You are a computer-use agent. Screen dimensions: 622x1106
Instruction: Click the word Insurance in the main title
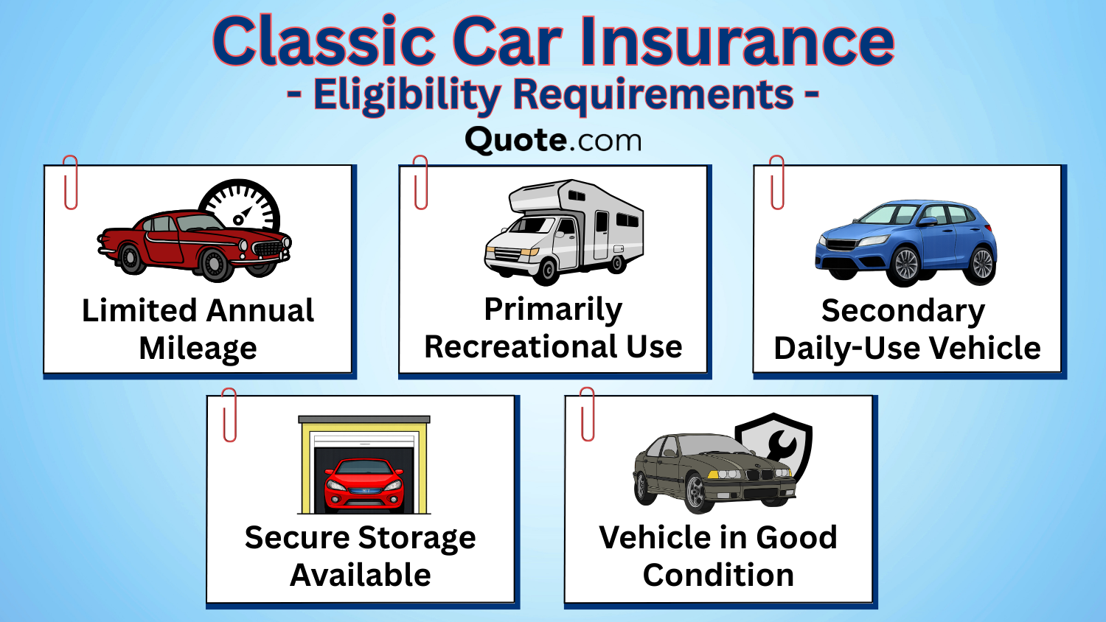point(737,41)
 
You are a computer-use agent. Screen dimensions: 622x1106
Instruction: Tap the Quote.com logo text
point(553,140)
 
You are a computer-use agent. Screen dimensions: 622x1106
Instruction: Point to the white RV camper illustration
point(564,230)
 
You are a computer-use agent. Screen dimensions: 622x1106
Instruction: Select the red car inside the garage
point(364,483)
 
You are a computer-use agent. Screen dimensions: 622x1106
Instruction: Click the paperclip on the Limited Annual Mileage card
point(71,182)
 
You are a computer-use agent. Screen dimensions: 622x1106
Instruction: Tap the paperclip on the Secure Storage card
point(229,415)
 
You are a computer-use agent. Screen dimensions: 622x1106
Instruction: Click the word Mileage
point(198,349)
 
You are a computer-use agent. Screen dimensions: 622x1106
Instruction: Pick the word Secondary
point(902,311)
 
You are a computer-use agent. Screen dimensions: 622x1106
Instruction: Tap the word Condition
point(718,576)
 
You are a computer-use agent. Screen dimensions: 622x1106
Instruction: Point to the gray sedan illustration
point(708,472)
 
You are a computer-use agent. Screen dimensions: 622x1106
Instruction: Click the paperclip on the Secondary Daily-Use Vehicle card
point(777,182)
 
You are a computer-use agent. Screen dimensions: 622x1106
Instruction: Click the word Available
point(360,576)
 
